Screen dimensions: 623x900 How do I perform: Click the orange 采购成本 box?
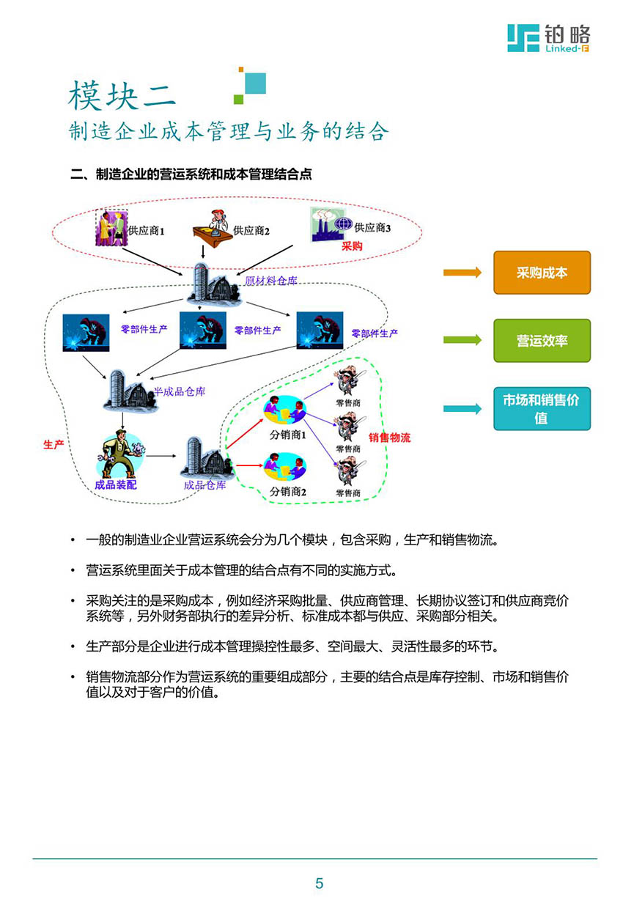[x=542, y=272]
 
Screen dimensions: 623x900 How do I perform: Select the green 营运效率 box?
[x=542, y=340]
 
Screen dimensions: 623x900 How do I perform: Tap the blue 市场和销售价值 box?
[x=542, y=408]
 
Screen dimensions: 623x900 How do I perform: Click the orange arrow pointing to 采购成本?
[x=462, y=272]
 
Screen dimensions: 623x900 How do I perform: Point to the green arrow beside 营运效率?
[x=462, y=339]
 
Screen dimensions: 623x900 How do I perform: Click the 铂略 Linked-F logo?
[x=548, y=38]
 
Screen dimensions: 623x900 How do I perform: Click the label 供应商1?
[x=147, y=231]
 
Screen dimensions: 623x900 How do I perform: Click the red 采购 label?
[x=352, y=246]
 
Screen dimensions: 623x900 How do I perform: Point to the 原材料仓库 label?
[x=271, y=281]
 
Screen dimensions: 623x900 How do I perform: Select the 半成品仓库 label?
[x=180, y=391]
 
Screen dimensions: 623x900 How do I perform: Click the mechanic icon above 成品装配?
[x=121, y=454]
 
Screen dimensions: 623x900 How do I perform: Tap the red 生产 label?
[x=54, y=444]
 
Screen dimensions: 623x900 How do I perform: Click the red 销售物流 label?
[x=389, y=437]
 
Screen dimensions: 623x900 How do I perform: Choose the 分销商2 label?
[x=288, y=491]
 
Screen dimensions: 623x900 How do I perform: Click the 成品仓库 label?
[x=205, y=485]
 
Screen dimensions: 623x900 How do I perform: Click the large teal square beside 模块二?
[x=255, y=83]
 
